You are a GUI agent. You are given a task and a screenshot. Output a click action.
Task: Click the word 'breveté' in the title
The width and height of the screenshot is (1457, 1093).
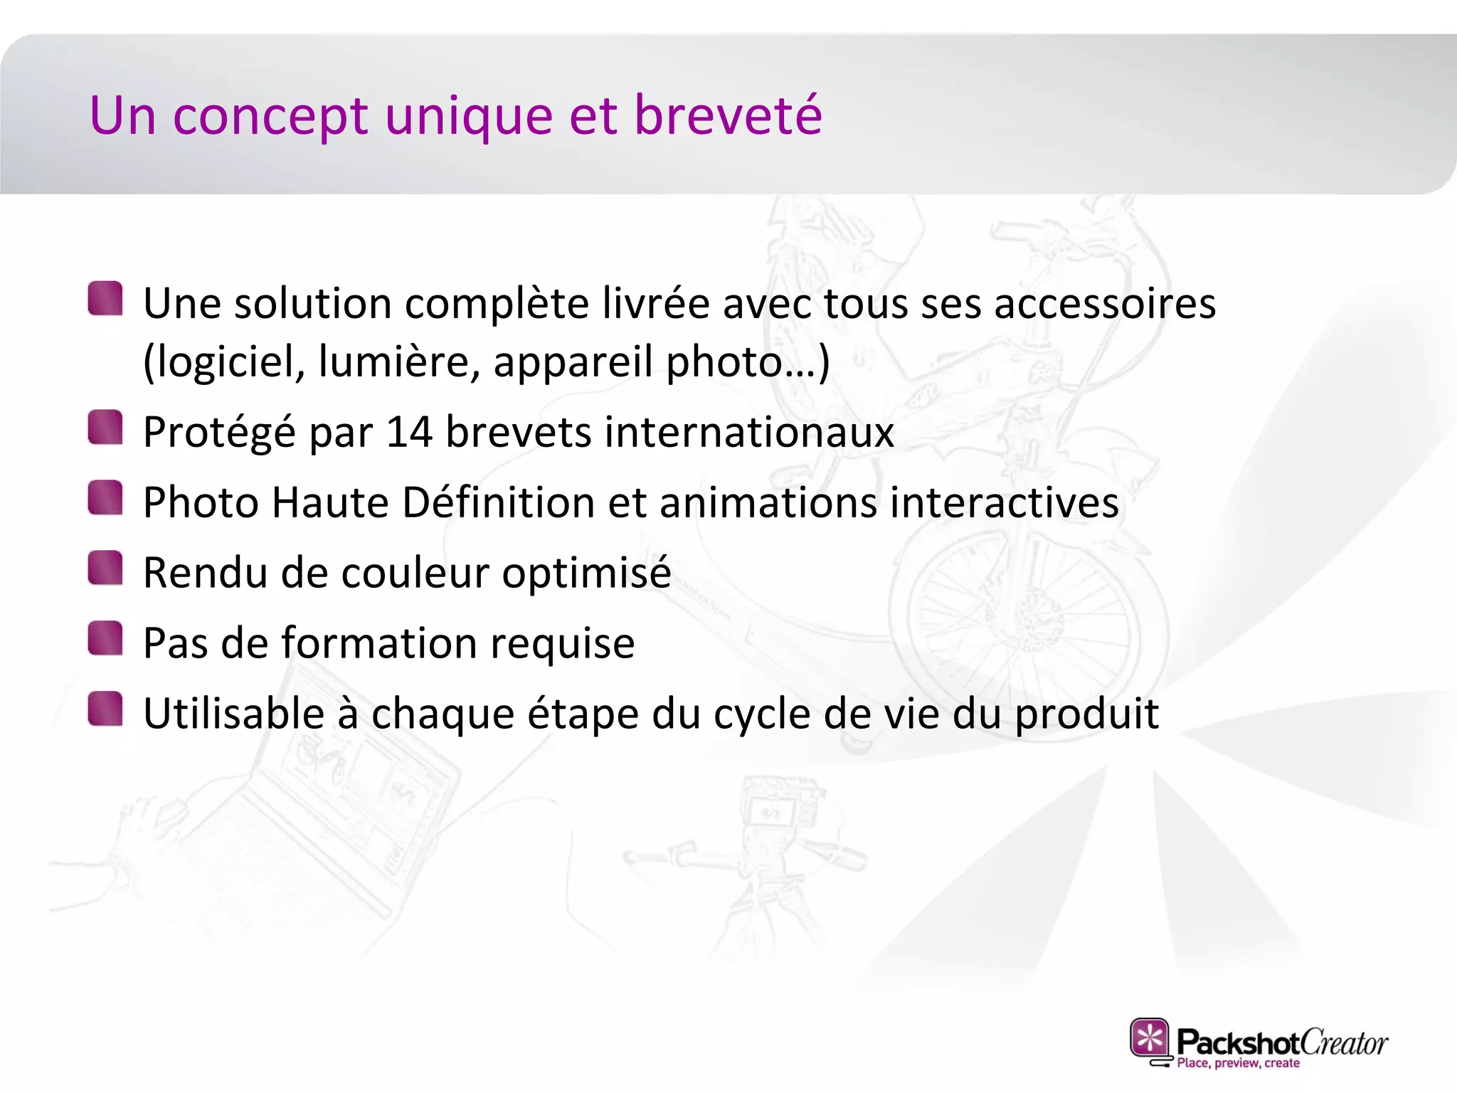point(727,115)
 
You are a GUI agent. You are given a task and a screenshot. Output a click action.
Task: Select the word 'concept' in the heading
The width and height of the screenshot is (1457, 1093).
point(270,117)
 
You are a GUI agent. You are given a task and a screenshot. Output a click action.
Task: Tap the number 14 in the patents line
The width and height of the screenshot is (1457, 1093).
point(408,432)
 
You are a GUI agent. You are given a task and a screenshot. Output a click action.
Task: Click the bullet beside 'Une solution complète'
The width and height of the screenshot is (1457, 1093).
point(105,299)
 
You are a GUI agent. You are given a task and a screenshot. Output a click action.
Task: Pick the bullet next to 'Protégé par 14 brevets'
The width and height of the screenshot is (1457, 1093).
point(105,427)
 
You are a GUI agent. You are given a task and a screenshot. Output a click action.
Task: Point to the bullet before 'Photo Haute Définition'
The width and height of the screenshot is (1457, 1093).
point(105,497)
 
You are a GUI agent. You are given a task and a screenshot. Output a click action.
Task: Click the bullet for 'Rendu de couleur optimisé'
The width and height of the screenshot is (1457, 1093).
point(105,568)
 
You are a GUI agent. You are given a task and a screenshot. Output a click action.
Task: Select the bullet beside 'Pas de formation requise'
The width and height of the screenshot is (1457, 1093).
point(105,638)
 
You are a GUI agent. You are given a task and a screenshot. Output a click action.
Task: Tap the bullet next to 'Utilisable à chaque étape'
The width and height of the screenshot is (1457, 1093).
point(105,709)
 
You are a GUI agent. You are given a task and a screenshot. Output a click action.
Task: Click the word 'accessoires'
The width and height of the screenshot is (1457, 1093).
point(1104,305)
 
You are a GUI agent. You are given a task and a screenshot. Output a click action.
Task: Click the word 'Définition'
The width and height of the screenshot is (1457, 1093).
point(498,502)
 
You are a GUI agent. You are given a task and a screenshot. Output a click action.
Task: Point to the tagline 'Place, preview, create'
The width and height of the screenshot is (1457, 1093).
point(1238,1063)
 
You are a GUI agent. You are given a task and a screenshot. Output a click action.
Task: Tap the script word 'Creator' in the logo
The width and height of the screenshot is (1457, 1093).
point(1344,1043)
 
